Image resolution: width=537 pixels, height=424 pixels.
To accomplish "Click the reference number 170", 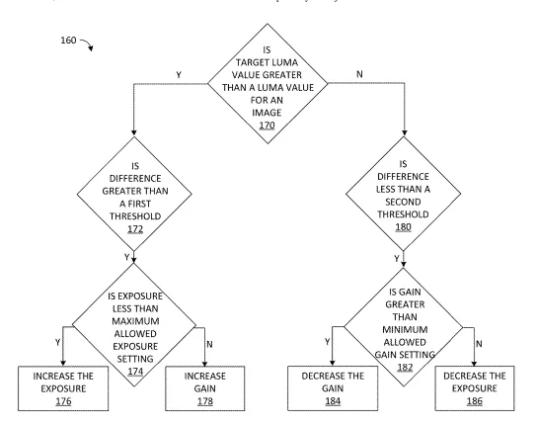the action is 267,126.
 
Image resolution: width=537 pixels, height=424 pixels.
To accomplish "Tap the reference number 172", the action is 135,229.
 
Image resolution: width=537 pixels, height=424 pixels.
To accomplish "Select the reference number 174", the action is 135,372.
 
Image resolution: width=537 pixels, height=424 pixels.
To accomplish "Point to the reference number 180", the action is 403,227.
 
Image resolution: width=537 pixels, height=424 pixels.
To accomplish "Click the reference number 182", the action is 405,367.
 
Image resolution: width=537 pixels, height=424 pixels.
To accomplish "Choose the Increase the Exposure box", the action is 63,388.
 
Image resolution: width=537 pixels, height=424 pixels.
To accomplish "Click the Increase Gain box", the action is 204,388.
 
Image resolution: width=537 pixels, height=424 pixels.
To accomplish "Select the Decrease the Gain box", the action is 333,388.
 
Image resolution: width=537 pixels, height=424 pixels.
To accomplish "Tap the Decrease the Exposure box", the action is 475,388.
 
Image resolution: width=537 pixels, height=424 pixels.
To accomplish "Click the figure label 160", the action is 68,41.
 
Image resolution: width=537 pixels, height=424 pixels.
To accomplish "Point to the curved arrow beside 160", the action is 88,43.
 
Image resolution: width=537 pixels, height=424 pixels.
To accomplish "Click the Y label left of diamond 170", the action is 179,75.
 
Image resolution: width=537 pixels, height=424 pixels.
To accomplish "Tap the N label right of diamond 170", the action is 359,74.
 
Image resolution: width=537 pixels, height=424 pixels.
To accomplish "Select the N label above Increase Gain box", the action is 209,344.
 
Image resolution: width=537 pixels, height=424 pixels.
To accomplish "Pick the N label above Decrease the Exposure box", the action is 479,344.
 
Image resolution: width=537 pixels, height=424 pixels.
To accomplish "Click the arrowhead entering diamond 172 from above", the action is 134,132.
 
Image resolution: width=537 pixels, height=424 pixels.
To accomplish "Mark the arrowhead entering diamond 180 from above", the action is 405,132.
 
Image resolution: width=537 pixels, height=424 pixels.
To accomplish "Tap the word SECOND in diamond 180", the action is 403,202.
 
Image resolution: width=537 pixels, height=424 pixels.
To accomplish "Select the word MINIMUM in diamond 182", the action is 405,329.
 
